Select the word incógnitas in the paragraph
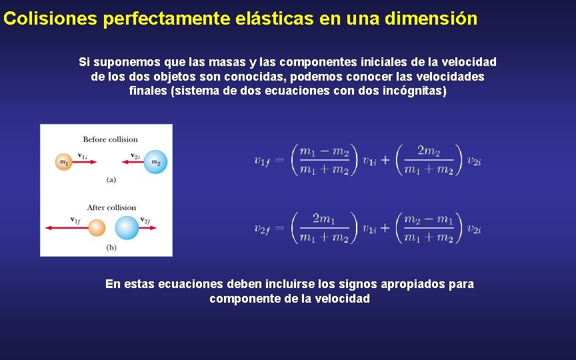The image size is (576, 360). [x=412, y=91]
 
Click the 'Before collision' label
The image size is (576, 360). [x=110, y=139]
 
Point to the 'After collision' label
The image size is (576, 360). [x=111, y=207]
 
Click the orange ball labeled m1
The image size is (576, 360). [x=63, y=161]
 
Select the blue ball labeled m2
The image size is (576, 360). [x=155, y=161]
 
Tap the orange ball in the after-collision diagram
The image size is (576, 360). [x=97, y=228]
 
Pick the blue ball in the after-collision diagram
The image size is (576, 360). [x=127, y=228]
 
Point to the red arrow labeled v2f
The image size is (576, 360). [x=147, y=228]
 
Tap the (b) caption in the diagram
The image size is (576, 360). [x=111, y=247]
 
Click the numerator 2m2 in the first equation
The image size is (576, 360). [x=429, y=151]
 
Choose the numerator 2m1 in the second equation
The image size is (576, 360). [x=324, y=219]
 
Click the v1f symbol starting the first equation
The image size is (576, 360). [x=263, y=161]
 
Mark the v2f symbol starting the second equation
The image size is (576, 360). [x=263, y=229]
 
